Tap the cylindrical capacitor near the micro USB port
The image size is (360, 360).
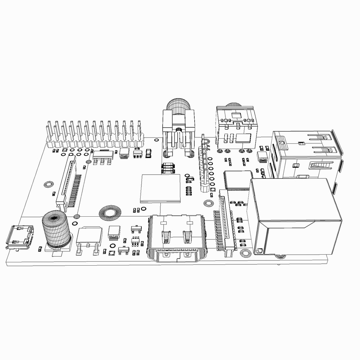click(56, 230)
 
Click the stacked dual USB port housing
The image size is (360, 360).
click(305, 153)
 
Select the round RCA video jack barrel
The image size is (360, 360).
click(178, 107)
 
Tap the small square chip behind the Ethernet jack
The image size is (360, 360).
click(238, 180)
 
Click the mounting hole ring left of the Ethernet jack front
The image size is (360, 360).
click(246, 254)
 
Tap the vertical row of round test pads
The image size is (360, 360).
click(211, 170)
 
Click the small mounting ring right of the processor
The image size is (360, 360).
click(209, 203)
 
